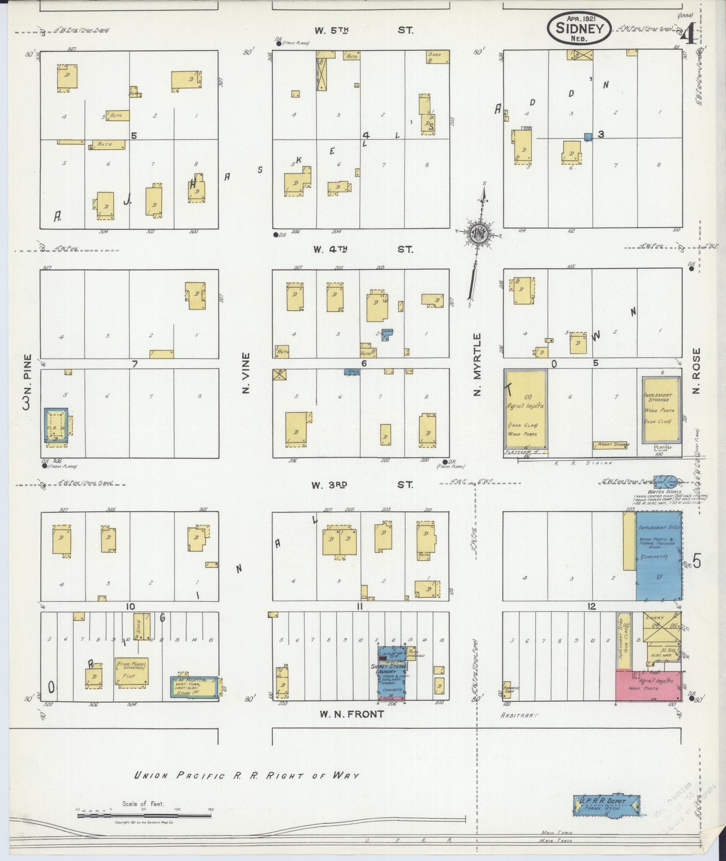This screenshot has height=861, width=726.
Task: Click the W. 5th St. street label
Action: [363, 30]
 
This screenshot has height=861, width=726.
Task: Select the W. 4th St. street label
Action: [363, 249]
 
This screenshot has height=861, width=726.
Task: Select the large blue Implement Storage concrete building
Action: [659, 556]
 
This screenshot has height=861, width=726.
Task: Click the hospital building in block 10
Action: [193, 687]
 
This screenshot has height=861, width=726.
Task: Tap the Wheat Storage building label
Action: [610, 445]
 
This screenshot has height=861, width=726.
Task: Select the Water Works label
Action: [664, 491]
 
